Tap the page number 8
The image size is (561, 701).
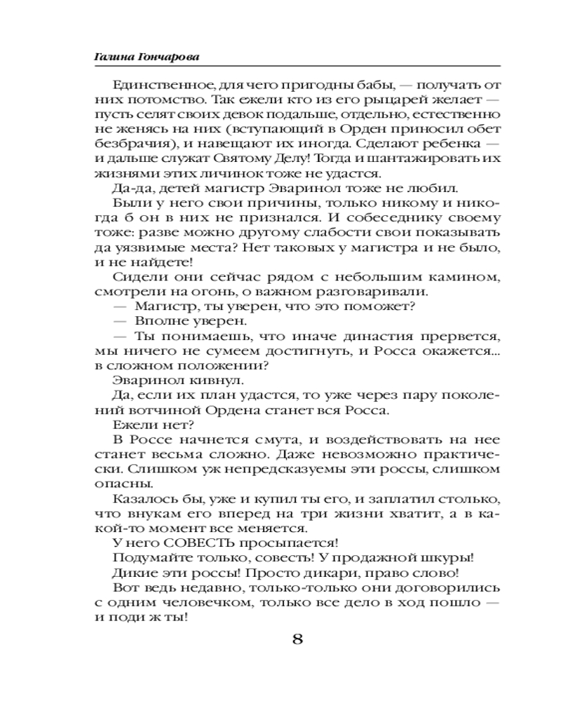pyautogui.click(x=297, y=641)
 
